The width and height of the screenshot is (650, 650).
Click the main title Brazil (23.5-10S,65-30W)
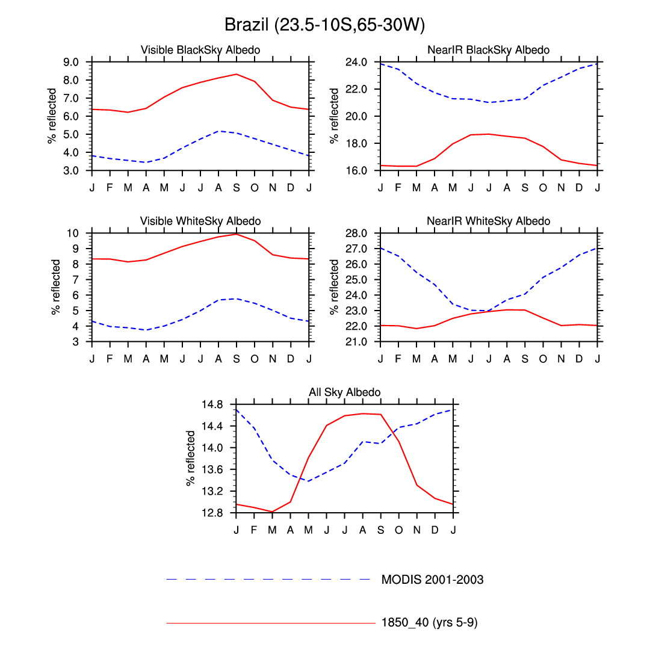pos(325,25)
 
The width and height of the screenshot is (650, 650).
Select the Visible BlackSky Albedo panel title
pos(200,50)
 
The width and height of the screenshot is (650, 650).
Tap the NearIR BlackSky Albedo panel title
pos(488,50)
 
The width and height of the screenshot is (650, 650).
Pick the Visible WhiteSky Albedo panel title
pos(200,221)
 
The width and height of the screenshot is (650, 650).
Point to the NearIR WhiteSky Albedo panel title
pos(488,221)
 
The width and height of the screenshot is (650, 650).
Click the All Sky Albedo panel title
pos(344,392)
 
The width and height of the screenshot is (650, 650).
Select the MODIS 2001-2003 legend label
pos(432,580)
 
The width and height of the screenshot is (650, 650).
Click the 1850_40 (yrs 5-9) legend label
pos(429,623)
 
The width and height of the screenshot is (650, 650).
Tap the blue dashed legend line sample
pos(268,580)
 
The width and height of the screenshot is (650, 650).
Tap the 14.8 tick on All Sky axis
pos(214,404)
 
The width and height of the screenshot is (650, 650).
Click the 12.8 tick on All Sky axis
pos(214,513)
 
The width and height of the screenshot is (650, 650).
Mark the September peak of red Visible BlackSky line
pos(237,74)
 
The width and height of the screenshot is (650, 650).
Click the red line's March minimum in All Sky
pos(272,512)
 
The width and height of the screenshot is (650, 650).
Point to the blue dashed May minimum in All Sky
pos(308,481)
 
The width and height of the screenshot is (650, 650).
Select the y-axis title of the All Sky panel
pos(191,458)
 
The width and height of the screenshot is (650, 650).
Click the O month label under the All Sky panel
pos(398,530)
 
